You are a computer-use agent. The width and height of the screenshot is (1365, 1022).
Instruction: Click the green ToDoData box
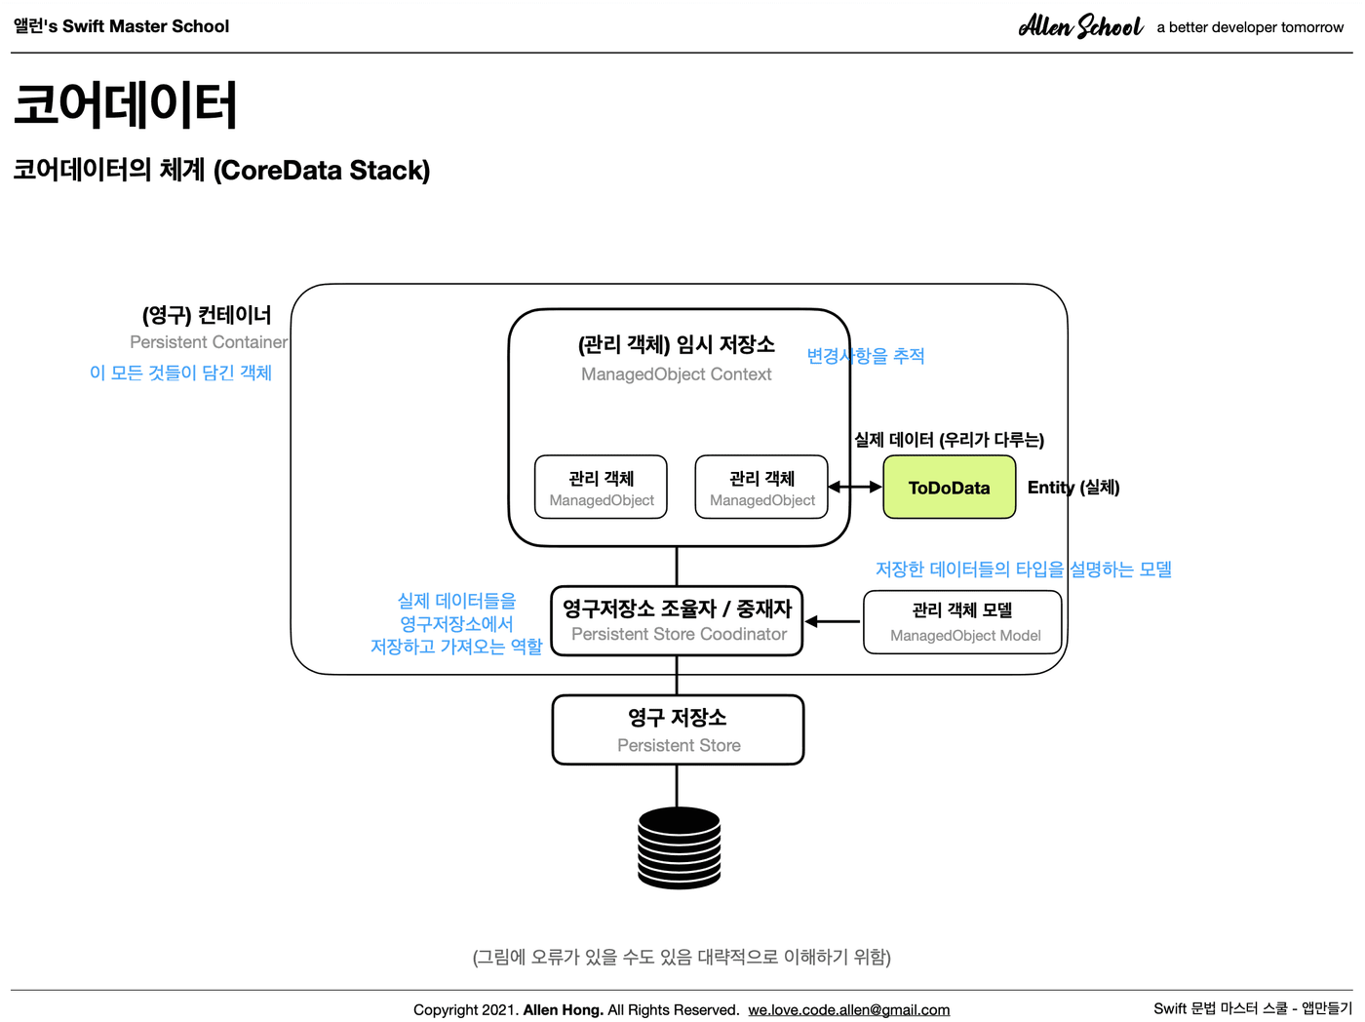[949, 487]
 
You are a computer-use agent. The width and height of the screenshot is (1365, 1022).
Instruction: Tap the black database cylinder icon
[679, 847]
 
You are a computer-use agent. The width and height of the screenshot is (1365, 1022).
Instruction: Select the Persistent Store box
[678, 729]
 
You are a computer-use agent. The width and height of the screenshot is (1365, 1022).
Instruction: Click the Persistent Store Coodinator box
[677, 621]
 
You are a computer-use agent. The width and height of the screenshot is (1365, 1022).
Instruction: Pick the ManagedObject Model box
[962, 622]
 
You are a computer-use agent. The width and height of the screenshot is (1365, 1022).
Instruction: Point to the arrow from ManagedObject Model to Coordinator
[832, 621]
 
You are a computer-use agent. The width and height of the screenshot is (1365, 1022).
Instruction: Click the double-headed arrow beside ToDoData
[855, 487]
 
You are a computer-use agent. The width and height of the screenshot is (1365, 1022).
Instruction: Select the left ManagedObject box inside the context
[601, 487]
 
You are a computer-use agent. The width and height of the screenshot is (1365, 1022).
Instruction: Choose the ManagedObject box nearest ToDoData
[761, 487]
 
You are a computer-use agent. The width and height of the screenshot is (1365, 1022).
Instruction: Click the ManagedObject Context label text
[676, 374]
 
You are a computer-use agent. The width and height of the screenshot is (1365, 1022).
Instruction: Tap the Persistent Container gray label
[209, 342]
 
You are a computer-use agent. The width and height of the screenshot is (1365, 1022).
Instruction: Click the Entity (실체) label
[1073, 487]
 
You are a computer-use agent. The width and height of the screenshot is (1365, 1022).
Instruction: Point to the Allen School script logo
[1081, 26]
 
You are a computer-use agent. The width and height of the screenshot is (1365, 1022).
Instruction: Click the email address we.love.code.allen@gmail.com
[849, 1009]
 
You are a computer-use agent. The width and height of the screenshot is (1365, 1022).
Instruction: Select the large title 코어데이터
[125, 104]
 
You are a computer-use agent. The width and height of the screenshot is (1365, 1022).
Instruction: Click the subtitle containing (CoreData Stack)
[221, 170]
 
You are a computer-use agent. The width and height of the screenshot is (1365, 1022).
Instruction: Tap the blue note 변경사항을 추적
[865, 356]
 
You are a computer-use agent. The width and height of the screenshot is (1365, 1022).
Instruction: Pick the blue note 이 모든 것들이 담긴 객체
[181, 373]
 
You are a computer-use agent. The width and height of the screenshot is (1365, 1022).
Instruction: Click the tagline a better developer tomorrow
[1250, 27]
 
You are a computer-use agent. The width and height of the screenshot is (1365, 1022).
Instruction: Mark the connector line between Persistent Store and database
[677, 786]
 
